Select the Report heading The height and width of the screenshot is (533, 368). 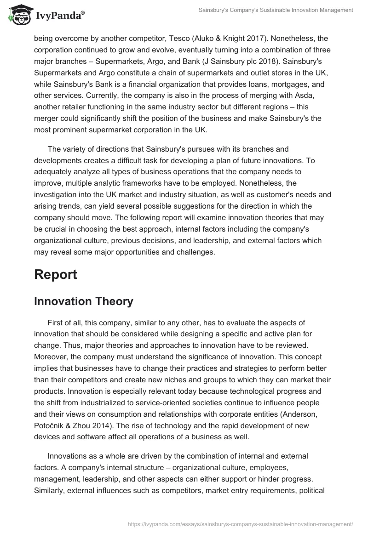[56, 274]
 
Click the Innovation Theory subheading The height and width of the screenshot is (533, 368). [84, 301]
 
